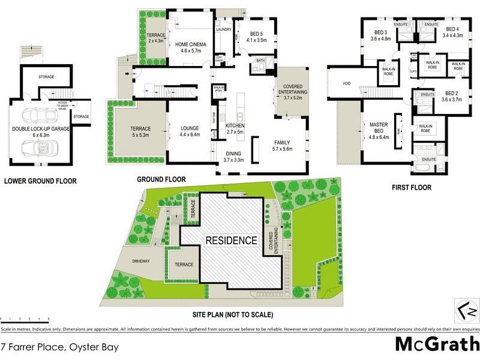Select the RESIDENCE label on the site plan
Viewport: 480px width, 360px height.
point(232,241)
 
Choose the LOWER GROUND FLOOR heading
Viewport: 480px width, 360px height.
point(40,180)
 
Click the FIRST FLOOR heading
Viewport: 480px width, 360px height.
point(412,188)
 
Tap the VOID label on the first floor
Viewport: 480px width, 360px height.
point(346,84)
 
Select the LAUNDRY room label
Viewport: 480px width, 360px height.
point(224,29)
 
